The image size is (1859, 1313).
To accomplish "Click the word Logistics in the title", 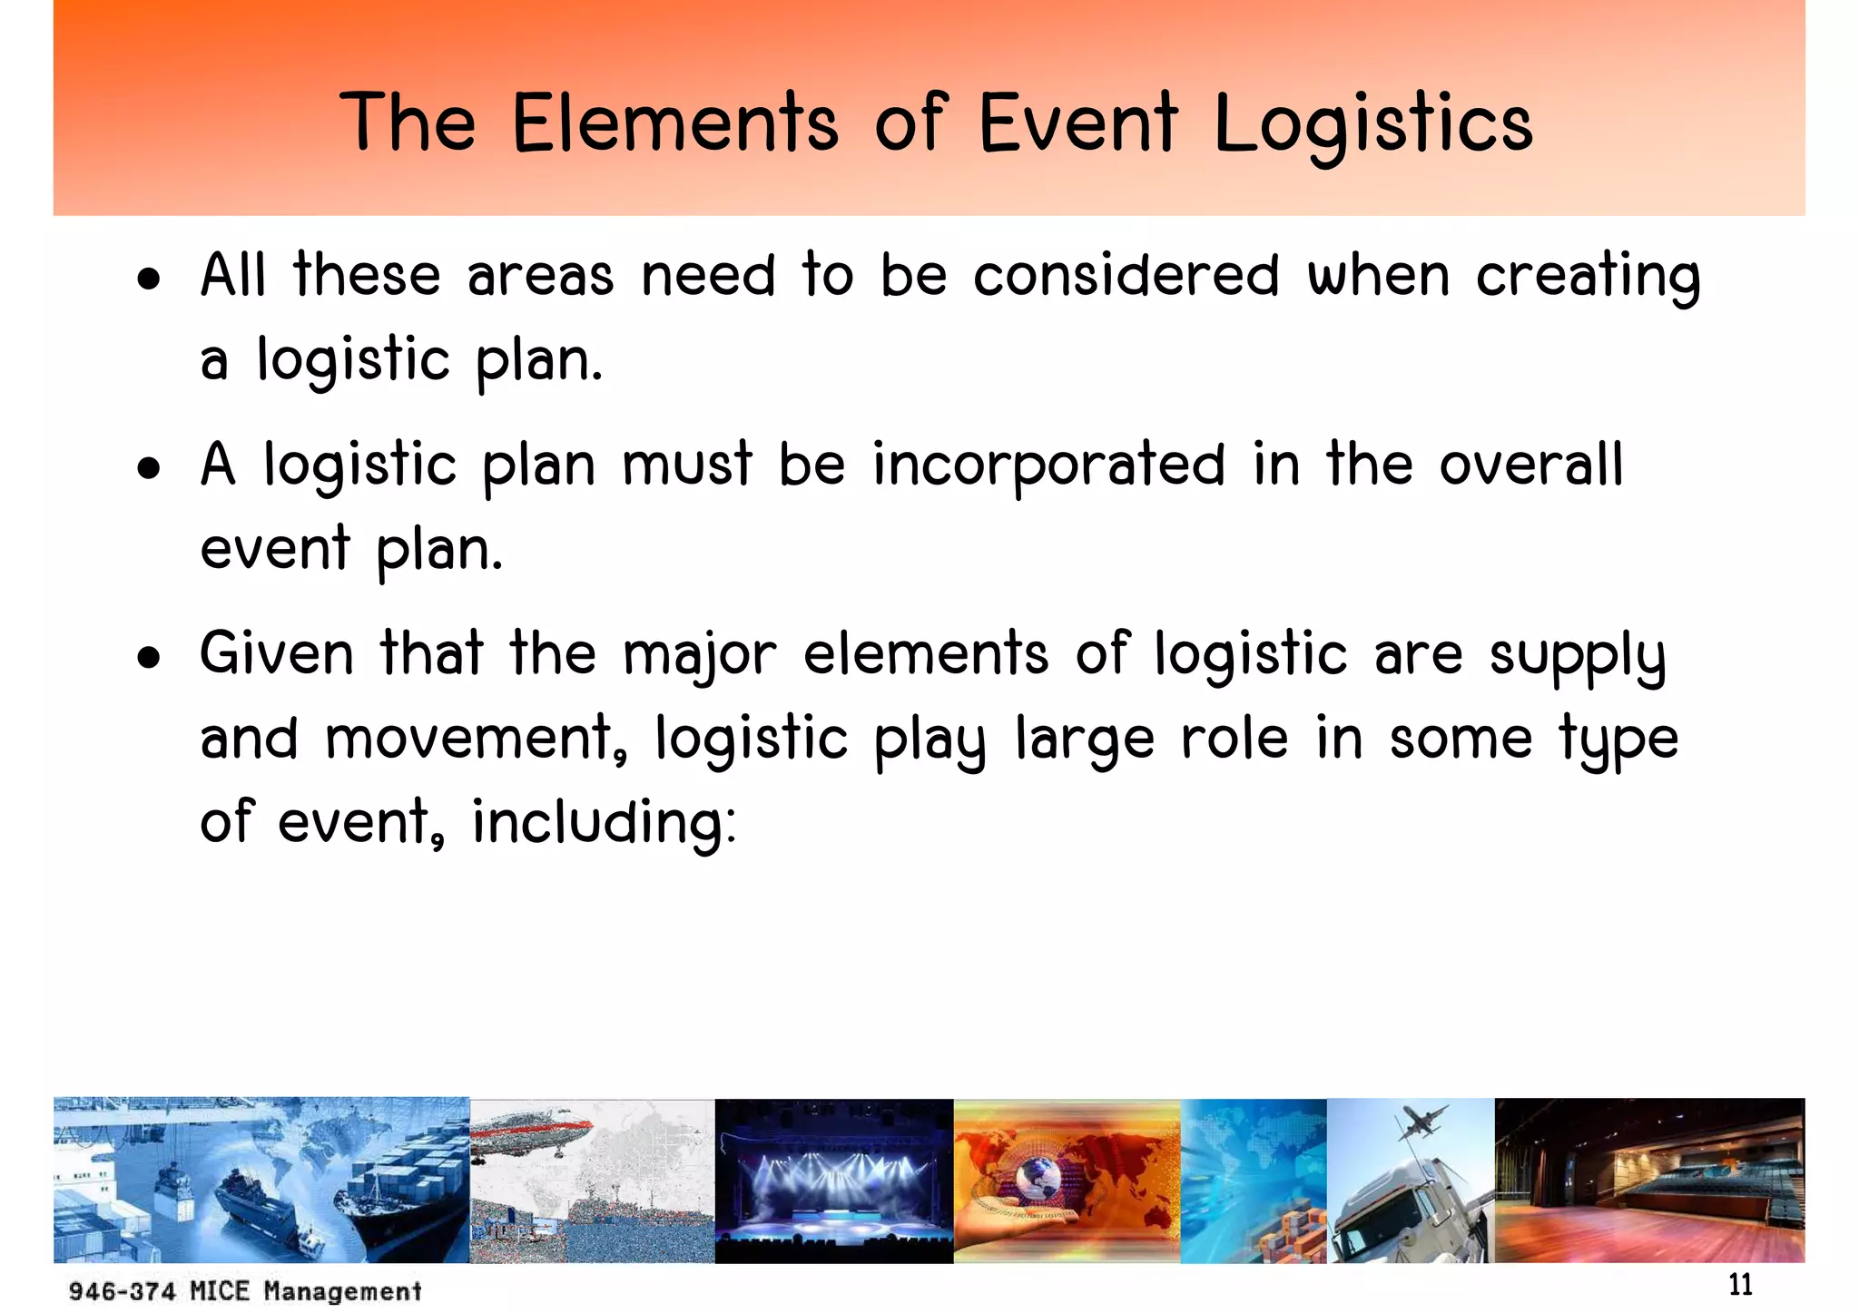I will pos(1372,125).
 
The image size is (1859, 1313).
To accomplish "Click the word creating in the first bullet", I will pos(1588,277).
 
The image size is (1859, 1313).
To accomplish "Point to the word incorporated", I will pos(1048,465).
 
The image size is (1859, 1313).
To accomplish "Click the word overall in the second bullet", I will pos(1531,465).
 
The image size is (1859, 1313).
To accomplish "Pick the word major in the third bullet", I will pos(700,655).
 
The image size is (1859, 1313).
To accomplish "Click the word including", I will pos(604,823).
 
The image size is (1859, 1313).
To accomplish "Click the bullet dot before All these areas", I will pos(149,279).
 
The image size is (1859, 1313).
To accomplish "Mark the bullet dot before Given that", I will pos(149,658).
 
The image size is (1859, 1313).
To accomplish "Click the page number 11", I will pos(1740,1285).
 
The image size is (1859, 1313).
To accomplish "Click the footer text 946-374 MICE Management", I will pos(245,1290).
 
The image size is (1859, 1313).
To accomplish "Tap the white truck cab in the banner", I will pos(1389,1211).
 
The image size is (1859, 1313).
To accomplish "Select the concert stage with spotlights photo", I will pos(833,1181).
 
